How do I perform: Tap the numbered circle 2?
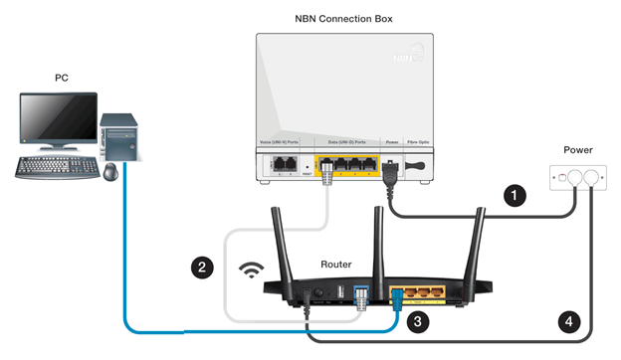click(202, 268)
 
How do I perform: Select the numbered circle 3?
click(419, 320)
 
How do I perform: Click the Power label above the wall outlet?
click(577, 150)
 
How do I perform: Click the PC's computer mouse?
click(110, 172)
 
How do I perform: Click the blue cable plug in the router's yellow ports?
click(398, 295)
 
